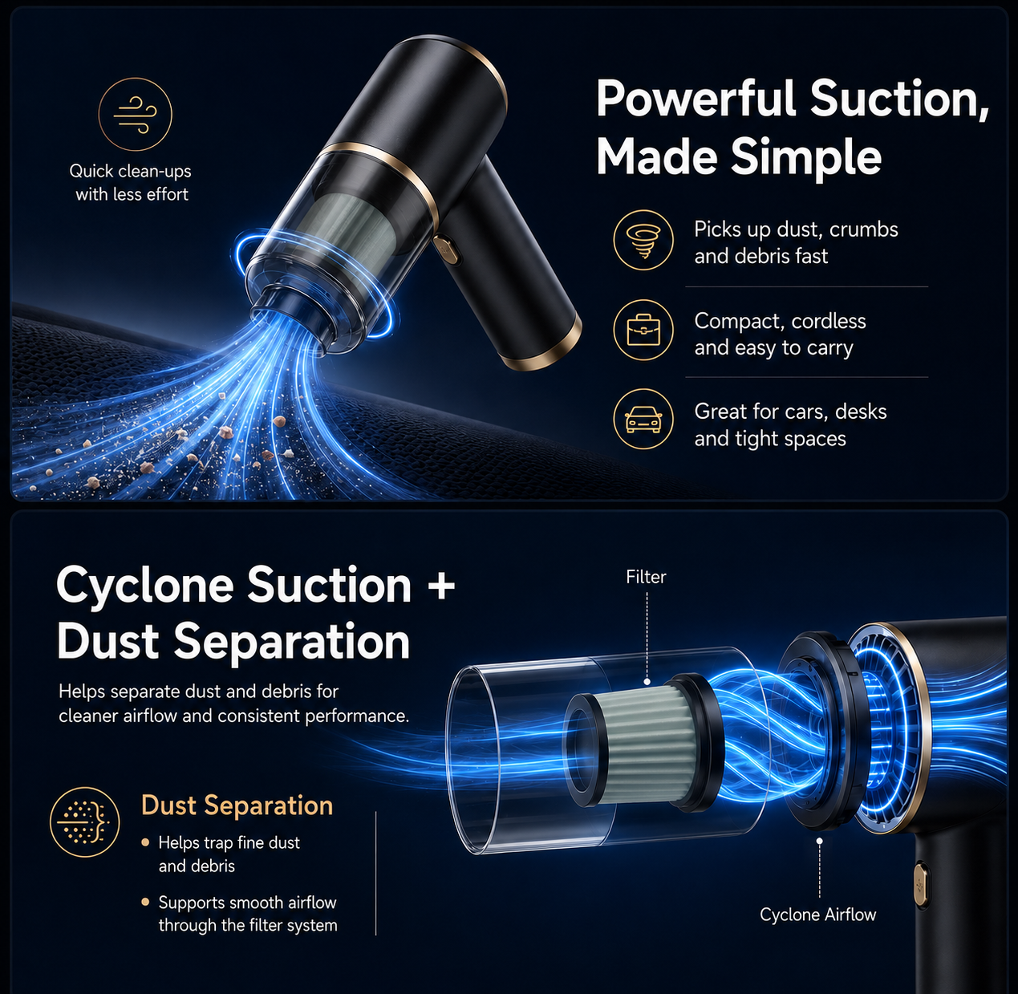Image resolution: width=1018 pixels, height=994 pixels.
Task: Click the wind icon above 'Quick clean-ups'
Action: [135, 115]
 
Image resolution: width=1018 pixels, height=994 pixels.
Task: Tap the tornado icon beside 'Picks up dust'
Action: [643, 240]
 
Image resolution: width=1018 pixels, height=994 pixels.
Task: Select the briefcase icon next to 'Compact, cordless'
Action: [643, 330]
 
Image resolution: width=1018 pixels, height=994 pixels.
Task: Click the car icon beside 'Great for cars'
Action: [643, 419]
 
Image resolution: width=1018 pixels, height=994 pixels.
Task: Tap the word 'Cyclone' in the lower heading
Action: [145, 586]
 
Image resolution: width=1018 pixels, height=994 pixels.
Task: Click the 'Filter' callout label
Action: [646, 577]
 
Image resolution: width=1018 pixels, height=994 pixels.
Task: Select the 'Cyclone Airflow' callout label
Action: [817, 914]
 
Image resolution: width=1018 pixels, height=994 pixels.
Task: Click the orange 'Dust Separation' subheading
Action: [237, 805]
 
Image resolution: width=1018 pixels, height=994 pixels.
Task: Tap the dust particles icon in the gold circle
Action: [85, 822]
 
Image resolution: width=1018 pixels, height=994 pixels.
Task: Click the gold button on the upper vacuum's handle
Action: [446, 249]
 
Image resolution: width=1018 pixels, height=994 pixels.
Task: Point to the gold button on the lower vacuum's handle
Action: [921, 883]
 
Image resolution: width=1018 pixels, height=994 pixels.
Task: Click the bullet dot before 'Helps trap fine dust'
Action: [145, 842]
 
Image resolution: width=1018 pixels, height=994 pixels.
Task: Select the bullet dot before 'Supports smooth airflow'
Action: [145, 902]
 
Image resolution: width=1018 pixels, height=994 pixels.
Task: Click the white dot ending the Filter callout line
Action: [647, 682]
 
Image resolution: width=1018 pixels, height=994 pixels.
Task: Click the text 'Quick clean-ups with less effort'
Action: [131, 183]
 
